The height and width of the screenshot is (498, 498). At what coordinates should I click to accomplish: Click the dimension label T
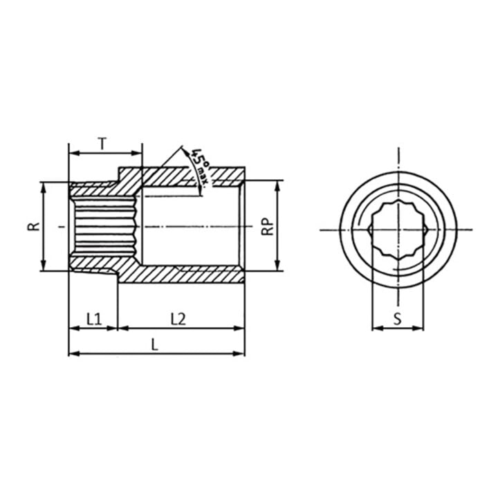[x=102, y=144]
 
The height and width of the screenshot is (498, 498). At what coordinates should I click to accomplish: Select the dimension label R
[x=34, y=226]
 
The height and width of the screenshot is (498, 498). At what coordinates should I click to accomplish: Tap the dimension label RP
[x=267, y=226]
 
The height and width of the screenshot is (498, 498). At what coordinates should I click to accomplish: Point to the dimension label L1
[x=94, y=319]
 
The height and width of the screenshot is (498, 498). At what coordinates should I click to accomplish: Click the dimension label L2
[x=178, y=319]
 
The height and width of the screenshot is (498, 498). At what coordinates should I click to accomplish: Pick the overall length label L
[x=155, y=344]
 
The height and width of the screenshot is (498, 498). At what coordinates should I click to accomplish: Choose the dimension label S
[x=398, y=319]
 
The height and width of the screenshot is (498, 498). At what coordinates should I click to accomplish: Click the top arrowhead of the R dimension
[x=44, y=187]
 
